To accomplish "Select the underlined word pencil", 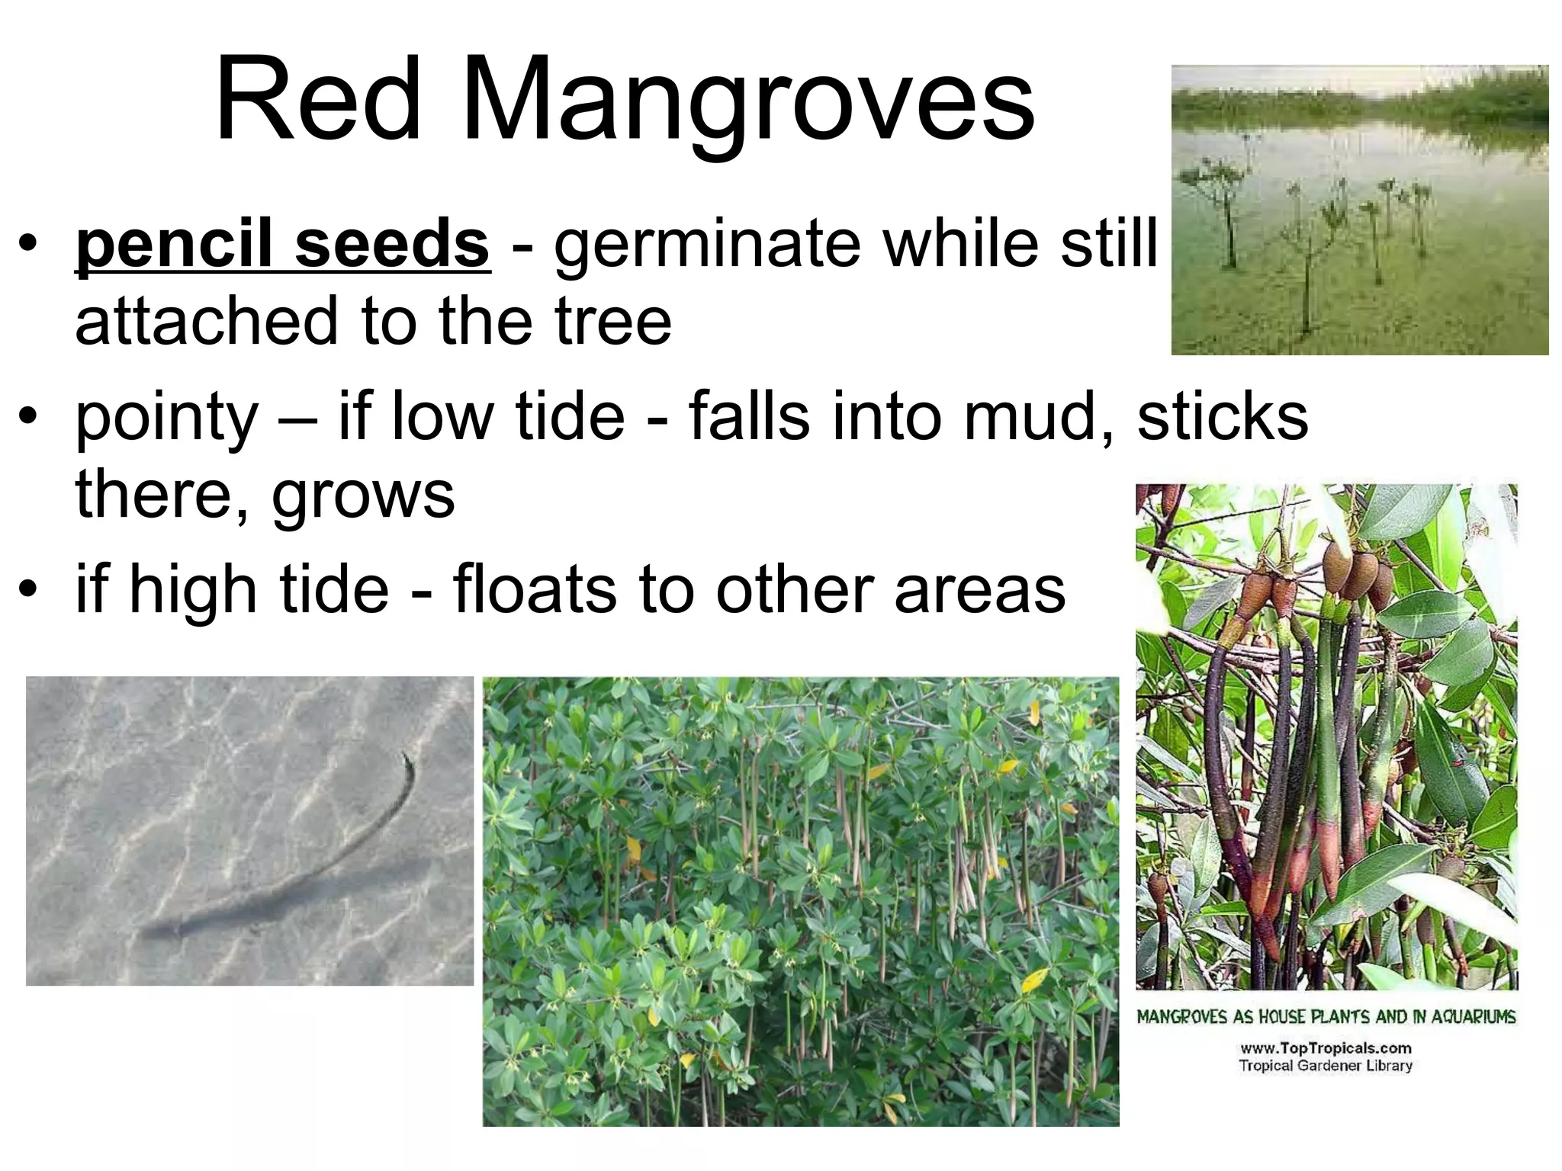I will pyautogui.click(x=175, y=244).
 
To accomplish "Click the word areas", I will pyautogui.click(x=979, y=591).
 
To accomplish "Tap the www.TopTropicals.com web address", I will pyautogui.click(x=1326, y=1048).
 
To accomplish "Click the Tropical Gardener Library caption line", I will pyautogui.click(x=1326, y=1066).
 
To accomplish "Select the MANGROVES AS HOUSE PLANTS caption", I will pyautogui.click(x=1326, y=1016).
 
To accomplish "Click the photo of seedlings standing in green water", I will pyautogui.click(x=1359, y=210).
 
